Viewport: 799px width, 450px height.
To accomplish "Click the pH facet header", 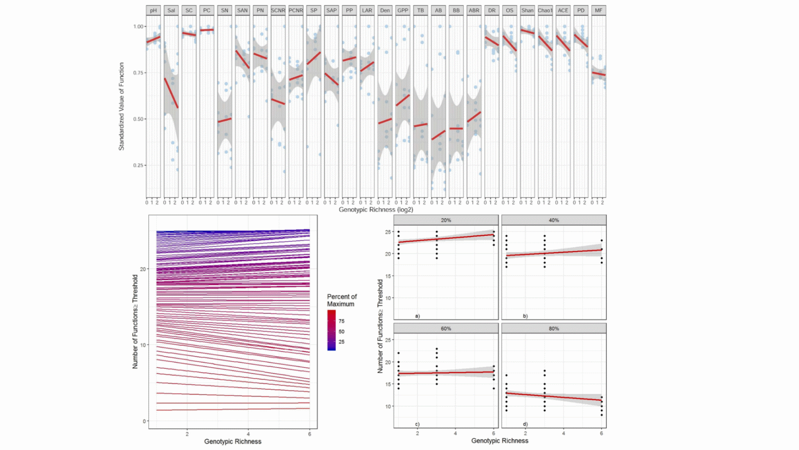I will tap(153, 10).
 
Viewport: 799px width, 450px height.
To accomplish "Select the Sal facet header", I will tap(171, 10).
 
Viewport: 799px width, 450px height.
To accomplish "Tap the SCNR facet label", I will tap(278, 10).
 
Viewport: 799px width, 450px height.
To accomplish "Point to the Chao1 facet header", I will tap(545, 10).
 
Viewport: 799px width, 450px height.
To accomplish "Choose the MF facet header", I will tap(598, 10).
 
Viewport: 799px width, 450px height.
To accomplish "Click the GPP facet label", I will tap(403, 10).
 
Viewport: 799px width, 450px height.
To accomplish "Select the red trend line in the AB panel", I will tap(438, 135).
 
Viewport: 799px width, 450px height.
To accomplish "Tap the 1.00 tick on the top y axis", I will tap(138, 27).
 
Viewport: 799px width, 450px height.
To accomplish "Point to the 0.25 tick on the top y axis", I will tap(138, 165).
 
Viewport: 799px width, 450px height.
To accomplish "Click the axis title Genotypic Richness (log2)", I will tap(376, 210).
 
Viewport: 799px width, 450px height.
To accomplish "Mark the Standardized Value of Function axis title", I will tap(121, 106).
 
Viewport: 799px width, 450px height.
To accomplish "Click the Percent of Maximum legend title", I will tap(342, 300).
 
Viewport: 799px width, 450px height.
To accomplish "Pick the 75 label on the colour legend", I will tap(342, 321).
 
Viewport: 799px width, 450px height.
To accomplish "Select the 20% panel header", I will tap(445, 220).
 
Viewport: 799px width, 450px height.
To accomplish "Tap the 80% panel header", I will tap(554, 328).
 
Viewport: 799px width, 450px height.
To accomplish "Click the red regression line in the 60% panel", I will tap(445, 373).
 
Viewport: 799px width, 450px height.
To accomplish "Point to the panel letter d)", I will tap(525, 424).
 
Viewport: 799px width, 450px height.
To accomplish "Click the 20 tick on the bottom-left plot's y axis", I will tap(143, 269).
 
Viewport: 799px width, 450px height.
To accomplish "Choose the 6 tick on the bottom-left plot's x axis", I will tap(310, 434).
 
